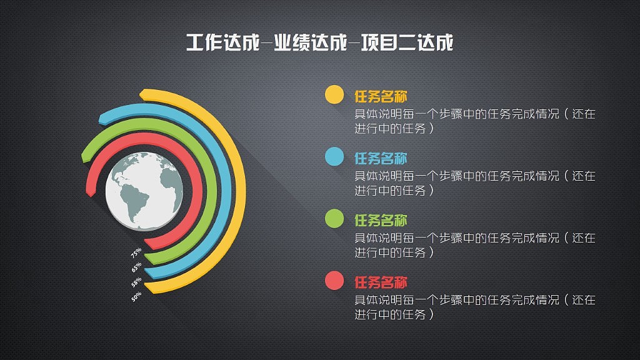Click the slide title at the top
click(x=319, y=44)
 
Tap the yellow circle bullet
click(x=334, y=94)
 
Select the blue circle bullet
click(x=334, y=157)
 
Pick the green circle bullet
click(x=334, y=219)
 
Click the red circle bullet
click(x=334, y=281)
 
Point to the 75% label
click(x=136, y=253)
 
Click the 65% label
click(x=136, y=267)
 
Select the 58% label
click(x=136, y=282)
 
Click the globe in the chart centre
click(x=144, y=190)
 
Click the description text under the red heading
click(x=475, y=307)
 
